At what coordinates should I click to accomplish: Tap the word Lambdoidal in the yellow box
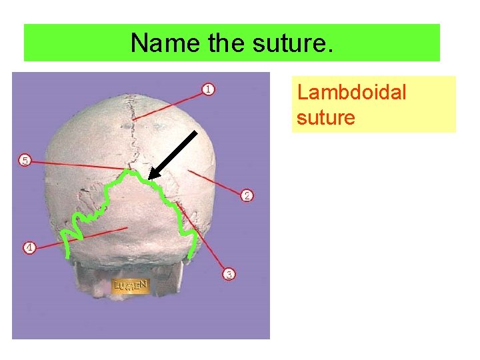click(x=351, y=92)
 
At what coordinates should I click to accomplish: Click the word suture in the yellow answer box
click(x=326, y=118)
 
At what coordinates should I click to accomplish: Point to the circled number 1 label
click(x=209, y=89)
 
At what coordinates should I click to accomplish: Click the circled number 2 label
click(x=247, y=195)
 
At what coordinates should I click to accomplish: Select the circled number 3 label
click(x=229, y=274)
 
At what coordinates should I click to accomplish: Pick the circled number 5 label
click(x=25, y=160)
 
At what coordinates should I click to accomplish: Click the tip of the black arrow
click(x=149, y=179)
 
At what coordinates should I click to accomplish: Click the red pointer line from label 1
click(x=173, y=105)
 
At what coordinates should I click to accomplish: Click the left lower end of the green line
click(x=67, y=256)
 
